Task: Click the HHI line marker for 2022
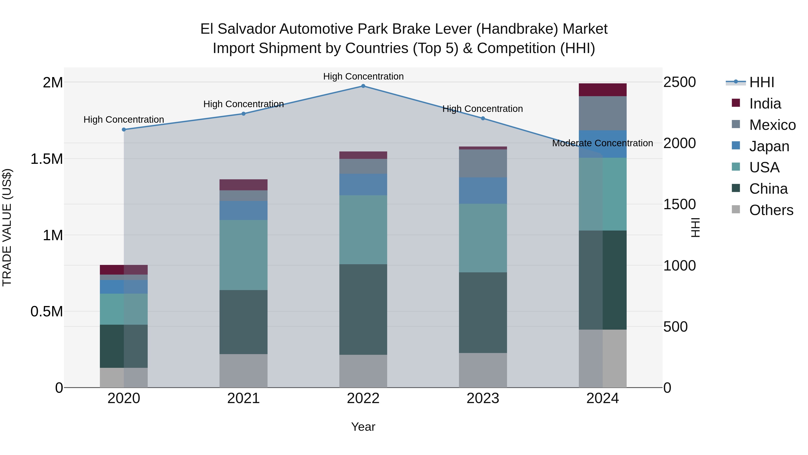point(363,86)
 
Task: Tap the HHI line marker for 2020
point(124,130)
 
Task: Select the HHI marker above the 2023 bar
point(483,118)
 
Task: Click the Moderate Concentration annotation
point(602,143)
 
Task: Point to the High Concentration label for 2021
point(243,104)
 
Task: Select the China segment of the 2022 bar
point(363,309)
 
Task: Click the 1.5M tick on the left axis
point(46,159)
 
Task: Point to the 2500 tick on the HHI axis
point(679,82)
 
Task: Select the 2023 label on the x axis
point(483,398)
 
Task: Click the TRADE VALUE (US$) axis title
point(7,227)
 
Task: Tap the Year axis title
point(363,427)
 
